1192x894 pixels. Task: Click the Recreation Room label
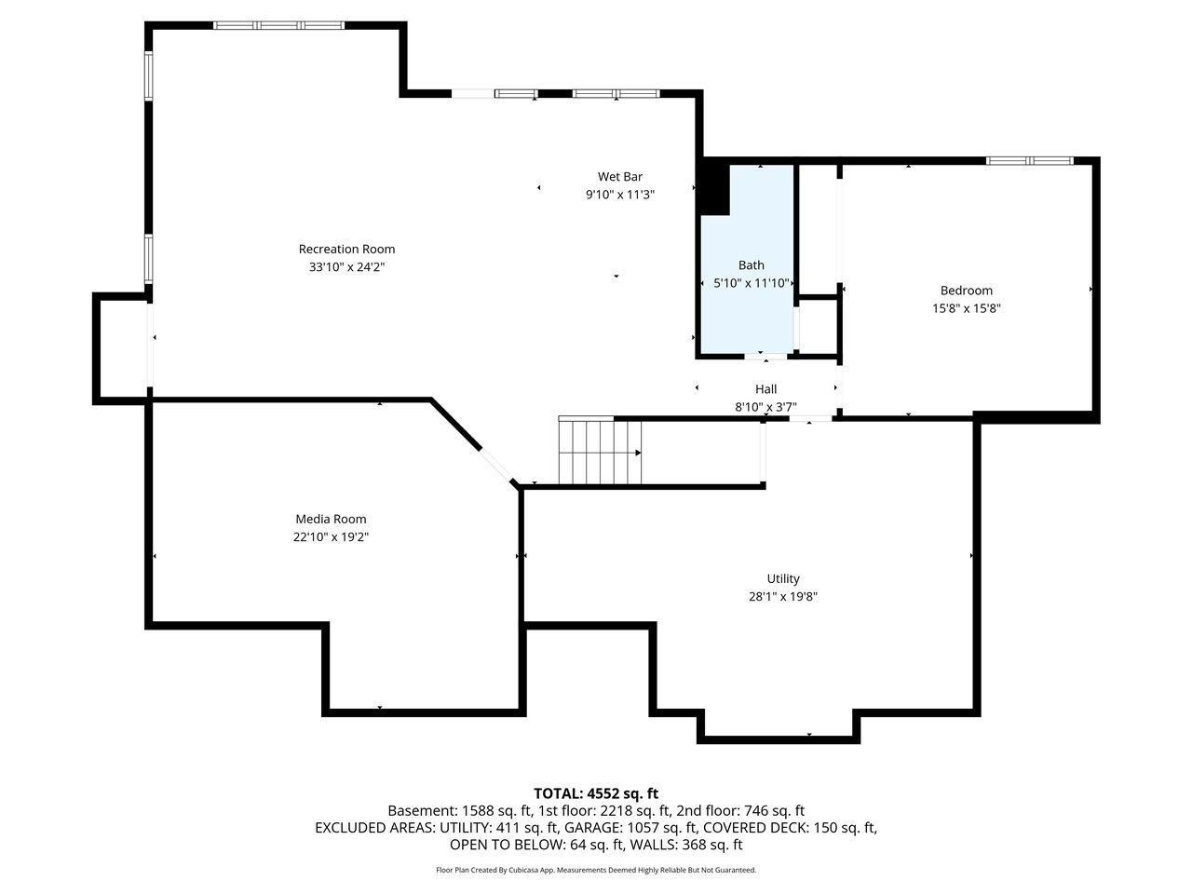(346, 249)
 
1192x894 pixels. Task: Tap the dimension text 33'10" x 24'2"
(346, 267)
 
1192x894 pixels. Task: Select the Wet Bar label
(619, 177)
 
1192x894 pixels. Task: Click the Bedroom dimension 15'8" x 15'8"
(966, 308)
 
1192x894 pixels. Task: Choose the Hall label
(765, 389)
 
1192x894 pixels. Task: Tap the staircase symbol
(600, 453)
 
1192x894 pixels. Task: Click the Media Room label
(331, 520)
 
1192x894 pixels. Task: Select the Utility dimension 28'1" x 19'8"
(782, 597)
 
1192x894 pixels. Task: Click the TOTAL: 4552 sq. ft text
(596, 793)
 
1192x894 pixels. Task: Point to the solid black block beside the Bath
(713, 187)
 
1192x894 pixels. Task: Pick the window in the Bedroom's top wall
(1030, 161)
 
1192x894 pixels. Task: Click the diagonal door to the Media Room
(494, 463)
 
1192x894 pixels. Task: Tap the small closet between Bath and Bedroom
(819, 326)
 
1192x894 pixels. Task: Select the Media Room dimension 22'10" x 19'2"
(331, 537)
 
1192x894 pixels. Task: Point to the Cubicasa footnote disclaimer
(596, 870)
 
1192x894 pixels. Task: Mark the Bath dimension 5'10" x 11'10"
(751, 283)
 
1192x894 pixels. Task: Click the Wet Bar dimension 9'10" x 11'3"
(619, 195)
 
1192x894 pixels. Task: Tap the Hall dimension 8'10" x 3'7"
(765, 407)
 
